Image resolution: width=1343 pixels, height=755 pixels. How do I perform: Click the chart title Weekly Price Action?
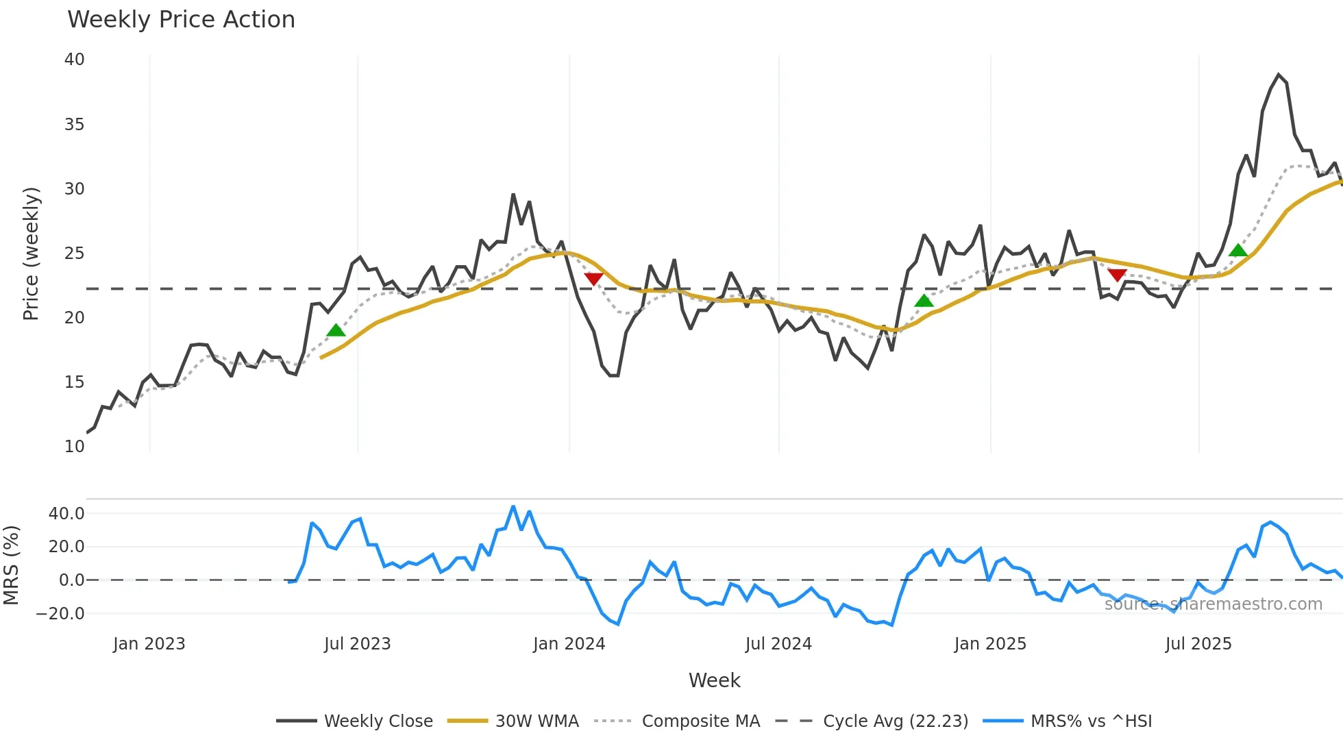(181, 20)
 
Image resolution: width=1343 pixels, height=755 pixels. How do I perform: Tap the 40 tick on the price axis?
(74, 60)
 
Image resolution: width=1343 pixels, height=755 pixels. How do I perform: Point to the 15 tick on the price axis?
(74, 382)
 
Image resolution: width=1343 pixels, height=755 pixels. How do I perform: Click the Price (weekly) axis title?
(31, 253)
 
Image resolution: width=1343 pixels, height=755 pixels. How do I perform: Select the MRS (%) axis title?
(11, 565)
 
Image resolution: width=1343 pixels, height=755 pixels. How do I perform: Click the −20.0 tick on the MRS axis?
(60, 614)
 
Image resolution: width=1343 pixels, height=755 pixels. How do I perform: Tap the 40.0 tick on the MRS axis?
(66, 514)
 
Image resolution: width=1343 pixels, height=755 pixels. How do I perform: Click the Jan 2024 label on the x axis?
(569, 644)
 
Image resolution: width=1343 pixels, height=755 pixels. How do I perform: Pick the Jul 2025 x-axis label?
(1198, 644)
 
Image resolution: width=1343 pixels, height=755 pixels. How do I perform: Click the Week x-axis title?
(714, 680)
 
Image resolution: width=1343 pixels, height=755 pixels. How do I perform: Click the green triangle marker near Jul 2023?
(336, 331)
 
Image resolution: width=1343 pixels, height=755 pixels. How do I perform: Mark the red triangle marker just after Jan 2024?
(593, 278)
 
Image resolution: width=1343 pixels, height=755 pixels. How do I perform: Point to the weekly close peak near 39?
(1279, 75)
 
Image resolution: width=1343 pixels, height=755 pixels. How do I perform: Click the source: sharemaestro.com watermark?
(1213, 604)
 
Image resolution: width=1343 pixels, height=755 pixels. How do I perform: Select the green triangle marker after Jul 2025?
(1238, 251)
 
